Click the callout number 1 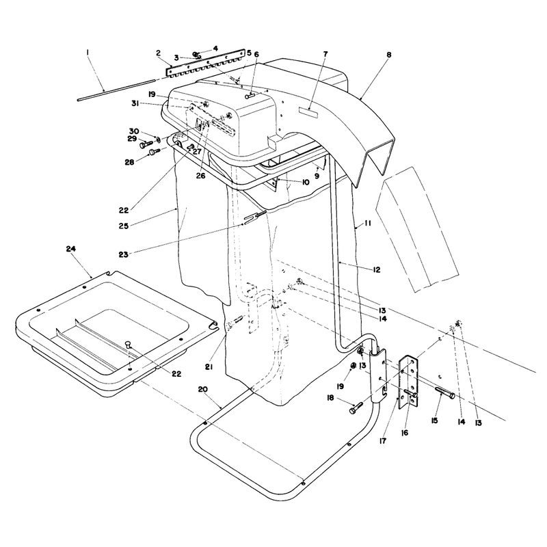[x=88, y=53]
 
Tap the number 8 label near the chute [x=389, y=55]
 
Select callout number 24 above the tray [x=71, y=249]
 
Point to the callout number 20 [x=202, y=389]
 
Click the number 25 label [x=124, y=226]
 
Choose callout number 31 [x=136, y=104]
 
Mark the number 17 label [x=383, y=441]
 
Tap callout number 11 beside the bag [x=368, y=223]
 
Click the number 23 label [x=124, y=254]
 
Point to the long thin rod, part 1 [x=116, y=90]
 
